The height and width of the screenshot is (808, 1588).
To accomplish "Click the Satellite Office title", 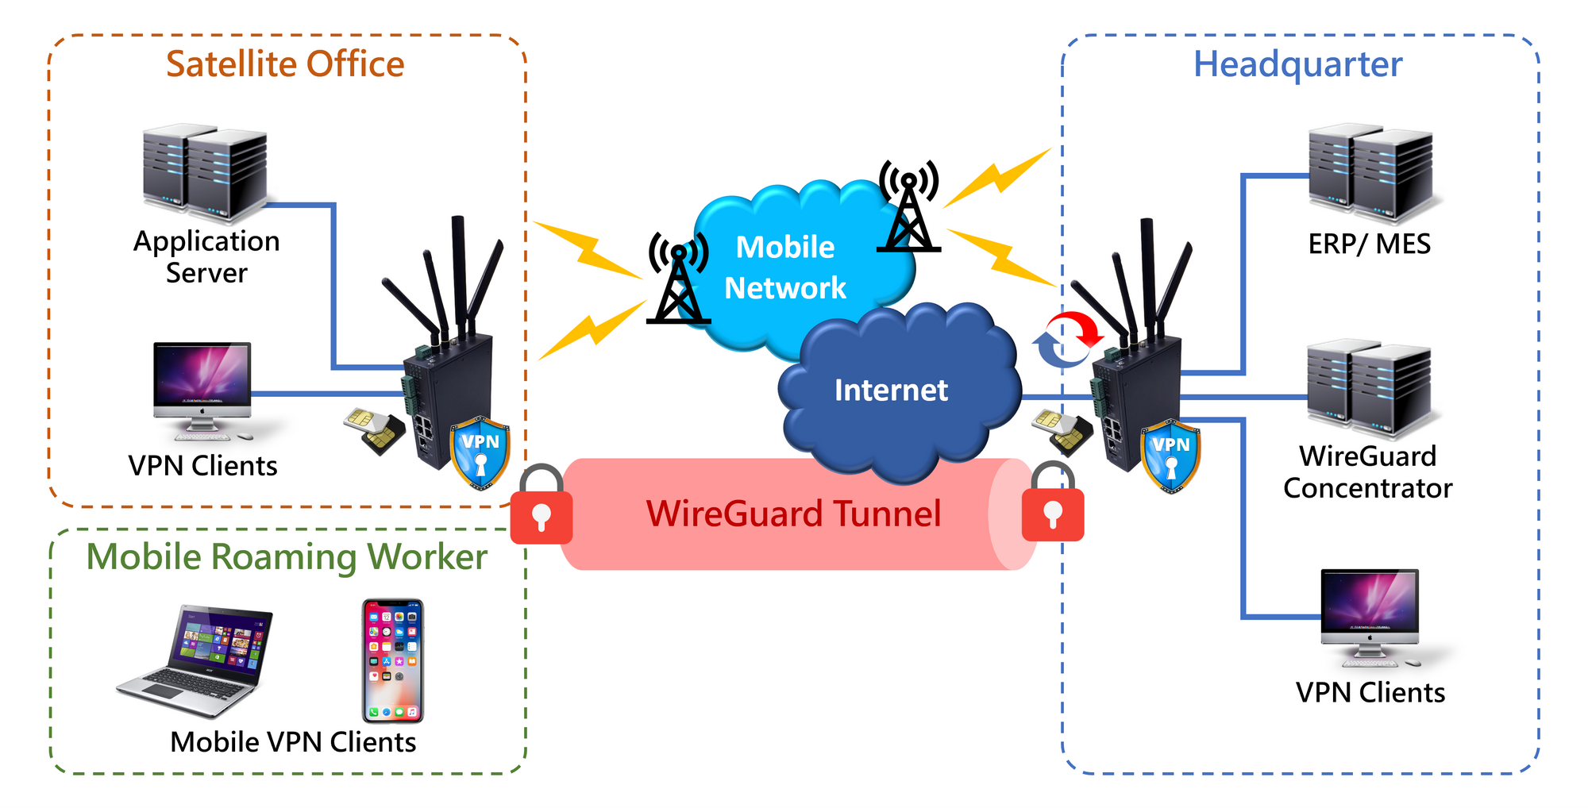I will (x=285, y=64).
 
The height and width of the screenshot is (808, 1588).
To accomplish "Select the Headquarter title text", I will (x=1297, y=64).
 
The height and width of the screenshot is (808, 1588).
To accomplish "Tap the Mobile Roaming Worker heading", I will (x=287, y=556).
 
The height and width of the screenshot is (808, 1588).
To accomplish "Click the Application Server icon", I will (x=205, y=173).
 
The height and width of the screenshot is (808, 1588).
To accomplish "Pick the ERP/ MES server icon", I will (x=1370, y=173).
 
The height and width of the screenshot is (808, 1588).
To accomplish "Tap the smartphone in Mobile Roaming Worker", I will (x=393, y=660).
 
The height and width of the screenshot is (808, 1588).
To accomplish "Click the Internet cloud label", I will (x=891, y=391).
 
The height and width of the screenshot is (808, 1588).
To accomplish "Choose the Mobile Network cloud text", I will (x=785, y=267).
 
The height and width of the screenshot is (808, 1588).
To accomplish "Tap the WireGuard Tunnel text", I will (x=793, y=514).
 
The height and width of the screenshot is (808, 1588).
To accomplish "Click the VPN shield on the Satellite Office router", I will (x=480, y=452).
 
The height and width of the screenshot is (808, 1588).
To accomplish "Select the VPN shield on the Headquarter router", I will (x=1170, y=456).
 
